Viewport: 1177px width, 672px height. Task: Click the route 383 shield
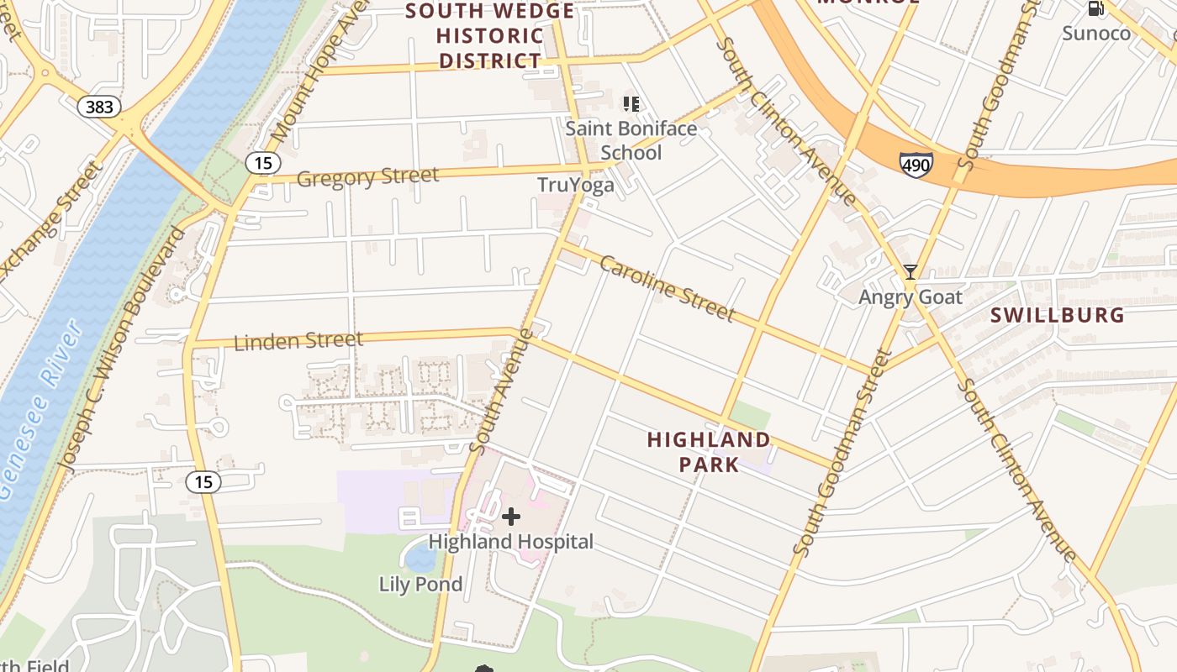[99, 107]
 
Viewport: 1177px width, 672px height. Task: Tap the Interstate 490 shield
[915, 165]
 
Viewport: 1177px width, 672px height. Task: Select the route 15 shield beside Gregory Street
[263, 163]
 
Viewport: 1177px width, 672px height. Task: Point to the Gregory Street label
[367, 177]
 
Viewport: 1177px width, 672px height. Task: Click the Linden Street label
[298, 341]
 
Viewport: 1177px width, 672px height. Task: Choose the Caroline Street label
[668, 289]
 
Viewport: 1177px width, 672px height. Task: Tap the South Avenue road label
[502, 391]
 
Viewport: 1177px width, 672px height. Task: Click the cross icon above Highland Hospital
[510, 517]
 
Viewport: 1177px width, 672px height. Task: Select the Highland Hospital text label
[510, 542]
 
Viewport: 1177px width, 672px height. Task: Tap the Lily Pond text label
[420, 584]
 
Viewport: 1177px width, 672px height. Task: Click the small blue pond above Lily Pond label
[420, 555]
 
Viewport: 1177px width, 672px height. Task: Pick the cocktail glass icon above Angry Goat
[910, 272]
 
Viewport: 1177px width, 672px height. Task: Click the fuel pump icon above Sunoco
[1095, 9]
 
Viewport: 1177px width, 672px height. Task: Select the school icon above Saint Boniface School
[631, 104]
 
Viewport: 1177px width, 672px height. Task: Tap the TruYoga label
[576, 185]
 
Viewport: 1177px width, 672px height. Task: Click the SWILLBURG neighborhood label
[1057, 315]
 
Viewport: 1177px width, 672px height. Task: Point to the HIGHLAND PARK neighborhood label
[696, 452]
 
